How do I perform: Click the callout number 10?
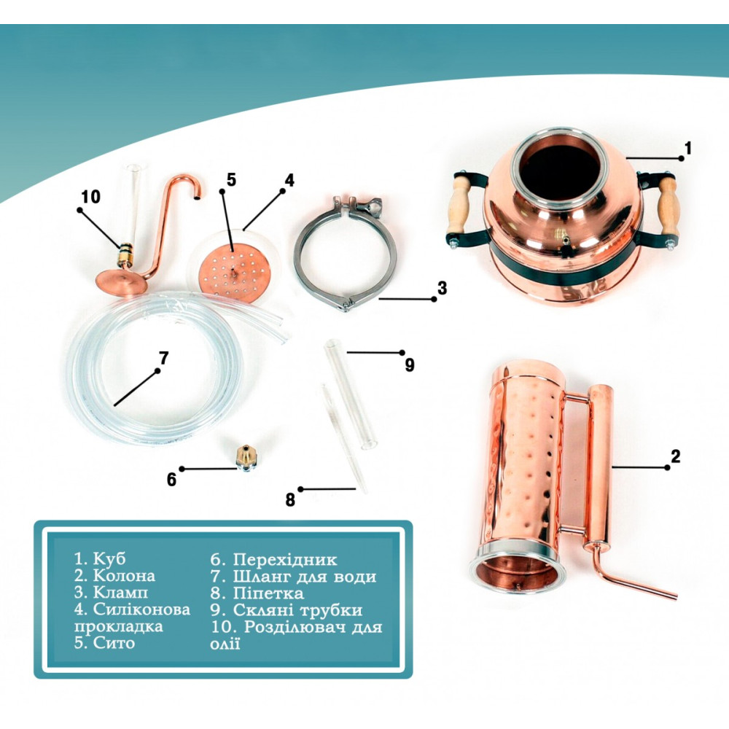pos(90,196)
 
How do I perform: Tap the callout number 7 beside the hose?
pos(163,358)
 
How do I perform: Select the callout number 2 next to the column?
pos(675,456)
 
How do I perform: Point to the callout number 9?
pos(409,365)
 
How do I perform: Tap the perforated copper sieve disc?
pos(231,274)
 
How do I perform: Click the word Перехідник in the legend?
pos(284,559)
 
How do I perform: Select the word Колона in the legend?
pos(124,576)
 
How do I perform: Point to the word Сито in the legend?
pos(114,642)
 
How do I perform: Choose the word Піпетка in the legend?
pos(268,593)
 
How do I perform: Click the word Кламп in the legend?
pos(120,592)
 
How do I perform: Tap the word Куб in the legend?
pos(109,558)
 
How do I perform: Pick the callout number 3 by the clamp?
pos(443,288)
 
